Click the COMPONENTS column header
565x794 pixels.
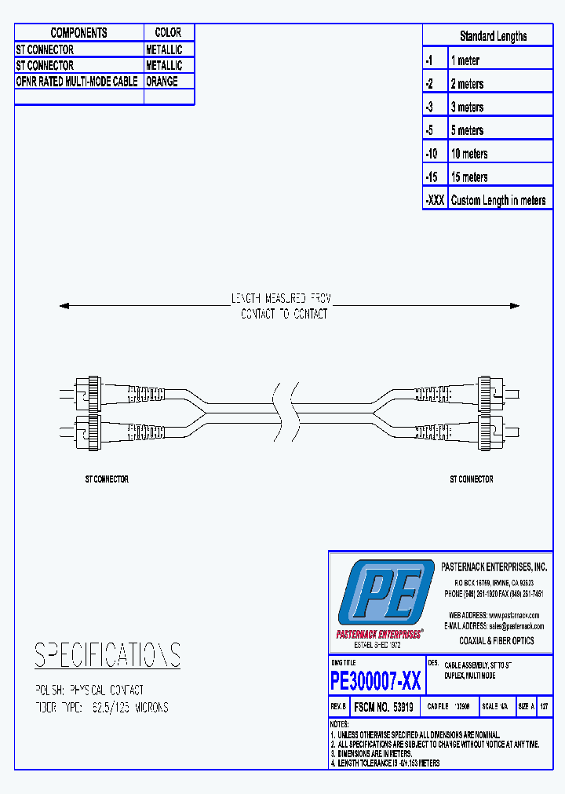tap(78, 33)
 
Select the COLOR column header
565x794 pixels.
tap(168, 33)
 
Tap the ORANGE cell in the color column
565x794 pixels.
tap(162, 82)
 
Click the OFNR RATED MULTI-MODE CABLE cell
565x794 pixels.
tap(77, 82)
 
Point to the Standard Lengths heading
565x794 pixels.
tap(493, 36)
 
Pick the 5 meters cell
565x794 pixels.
tap(467, 130)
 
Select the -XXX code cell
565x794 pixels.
tap(435, 200)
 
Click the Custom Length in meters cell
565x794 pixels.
tap(498, 200)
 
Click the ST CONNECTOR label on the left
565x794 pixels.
tap(107, 479)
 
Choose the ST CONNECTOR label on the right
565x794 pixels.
tap(471, 479)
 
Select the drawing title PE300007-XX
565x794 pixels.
tap(375, 680)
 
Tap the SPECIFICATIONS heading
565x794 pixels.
tap(108, 655)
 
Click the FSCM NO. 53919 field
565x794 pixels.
tap(384, 706)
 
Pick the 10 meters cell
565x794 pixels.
tap(469, 154)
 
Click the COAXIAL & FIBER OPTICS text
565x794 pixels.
tap(496, 641)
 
